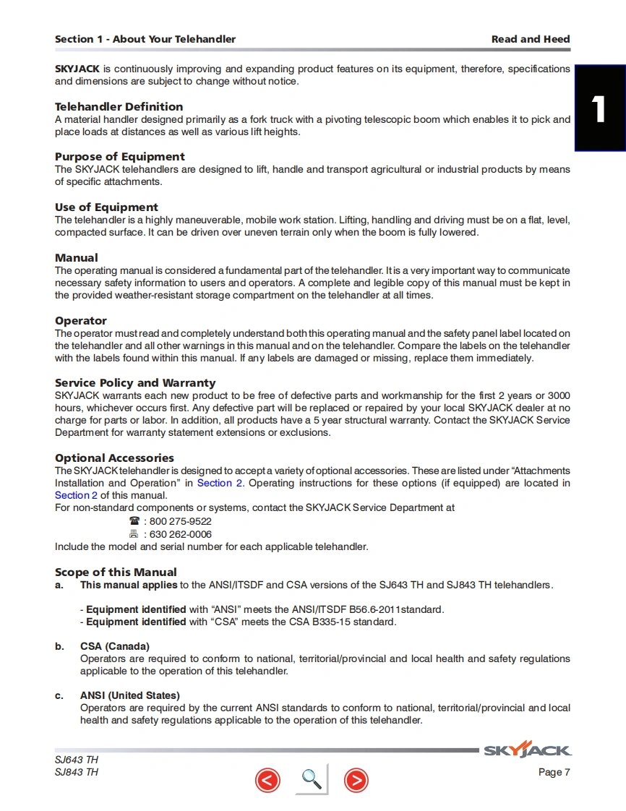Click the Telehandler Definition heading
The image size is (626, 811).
click(119, 107)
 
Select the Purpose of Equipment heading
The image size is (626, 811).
click(119, 157)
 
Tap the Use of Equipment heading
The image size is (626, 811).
click(106, 207)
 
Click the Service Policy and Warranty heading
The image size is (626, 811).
click(135, 383)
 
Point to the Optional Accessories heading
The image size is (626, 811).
click(114, 458)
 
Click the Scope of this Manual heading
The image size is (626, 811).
click(116, 572)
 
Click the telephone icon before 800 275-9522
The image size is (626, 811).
click(134, 521)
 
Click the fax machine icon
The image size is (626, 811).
click(134, 534)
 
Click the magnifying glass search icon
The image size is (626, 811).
click(311, 778)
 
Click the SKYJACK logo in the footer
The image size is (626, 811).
click(527, 750)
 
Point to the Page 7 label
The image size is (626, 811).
click(554, 773)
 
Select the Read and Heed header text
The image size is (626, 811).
click(530, 39)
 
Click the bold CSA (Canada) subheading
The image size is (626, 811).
click(114, 646)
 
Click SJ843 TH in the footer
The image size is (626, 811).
click(77, 773)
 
